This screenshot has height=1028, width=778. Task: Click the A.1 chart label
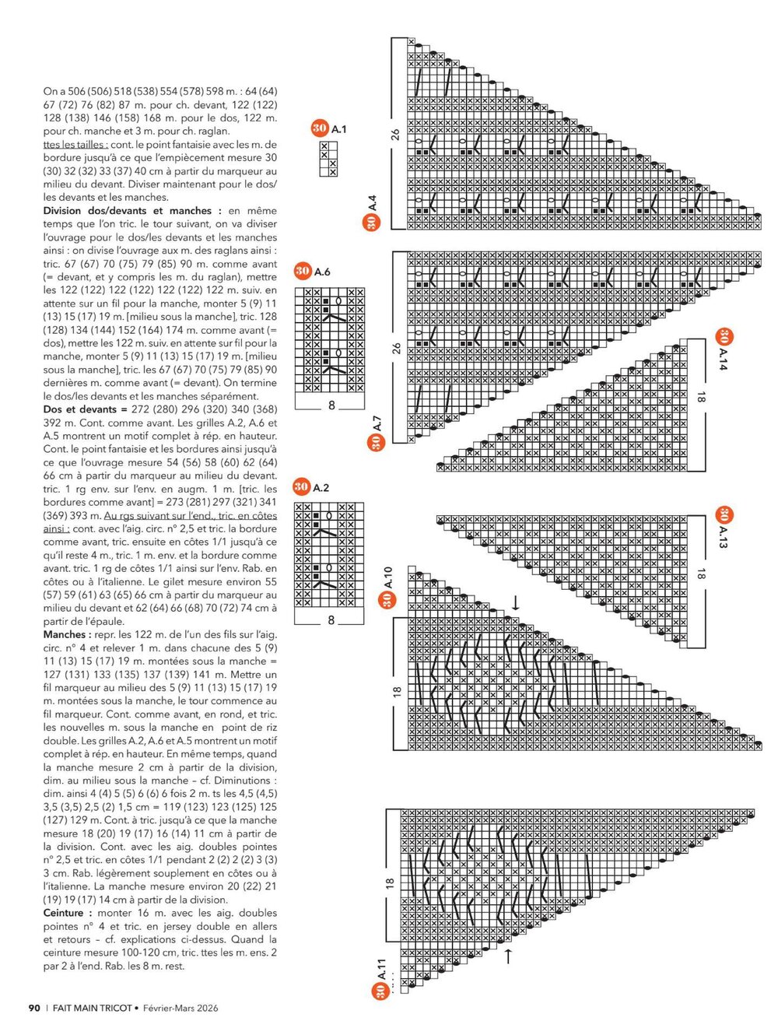coord(339,129)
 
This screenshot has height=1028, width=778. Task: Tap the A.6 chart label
coord(322,272)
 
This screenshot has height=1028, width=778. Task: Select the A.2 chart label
coord(321,488)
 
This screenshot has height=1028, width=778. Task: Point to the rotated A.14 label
coord(724,359)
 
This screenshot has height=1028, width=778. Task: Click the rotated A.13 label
coord(723,536)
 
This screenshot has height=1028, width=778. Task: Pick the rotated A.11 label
coord(381,969)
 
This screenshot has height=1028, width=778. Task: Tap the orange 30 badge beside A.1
coord(319,128)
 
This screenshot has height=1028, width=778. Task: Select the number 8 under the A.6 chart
coord(331,405)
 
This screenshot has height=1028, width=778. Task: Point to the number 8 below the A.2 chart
coord(331,620)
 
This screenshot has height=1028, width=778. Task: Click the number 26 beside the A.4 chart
coord(395,135)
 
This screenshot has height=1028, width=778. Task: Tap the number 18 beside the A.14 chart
coord(700,397)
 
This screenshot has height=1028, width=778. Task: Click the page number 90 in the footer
coord(34,1008)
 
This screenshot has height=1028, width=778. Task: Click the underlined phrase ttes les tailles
coord(75,145)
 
